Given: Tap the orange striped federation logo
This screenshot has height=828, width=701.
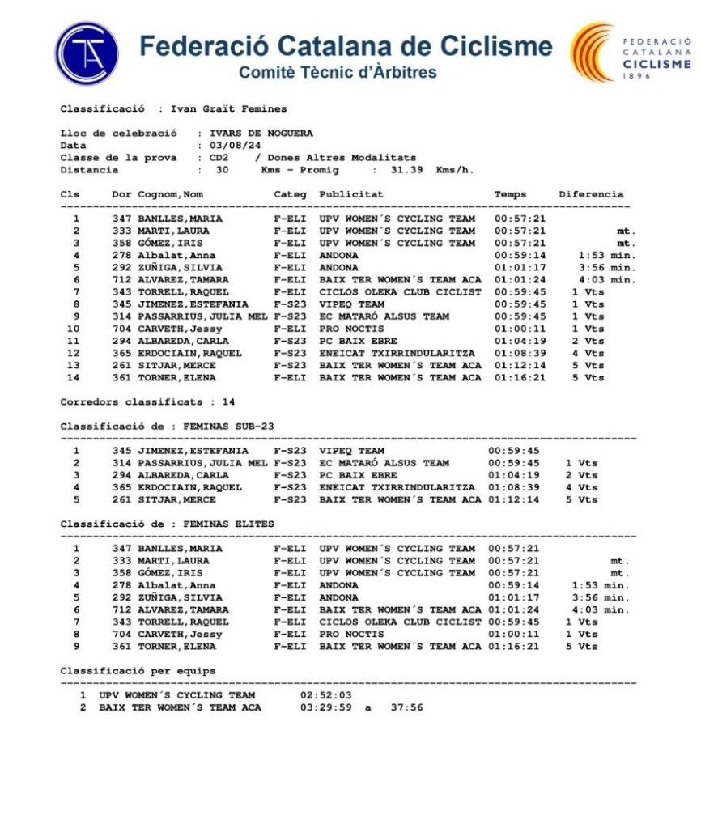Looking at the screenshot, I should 593,53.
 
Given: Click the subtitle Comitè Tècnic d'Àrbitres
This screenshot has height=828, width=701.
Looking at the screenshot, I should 338,72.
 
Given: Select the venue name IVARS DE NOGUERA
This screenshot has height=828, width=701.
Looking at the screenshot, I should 261,134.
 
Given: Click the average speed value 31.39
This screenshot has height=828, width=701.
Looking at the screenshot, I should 410,170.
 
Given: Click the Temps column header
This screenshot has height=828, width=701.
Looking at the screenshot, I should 510,194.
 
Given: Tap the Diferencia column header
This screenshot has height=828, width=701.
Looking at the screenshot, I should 591,194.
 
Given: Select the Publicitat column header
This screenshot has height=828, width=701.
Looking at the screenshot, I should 351,194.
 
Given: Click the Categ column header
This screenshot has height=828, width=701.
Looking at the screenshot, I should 290,194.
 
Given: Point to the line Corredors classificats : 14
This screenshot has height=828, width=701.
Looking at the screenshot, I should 147,401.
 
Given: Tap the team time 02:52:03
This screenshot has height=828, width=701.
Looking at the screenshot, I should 326,695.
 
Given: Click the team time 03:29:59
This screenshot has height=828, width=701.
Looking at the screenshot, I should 326,707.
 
